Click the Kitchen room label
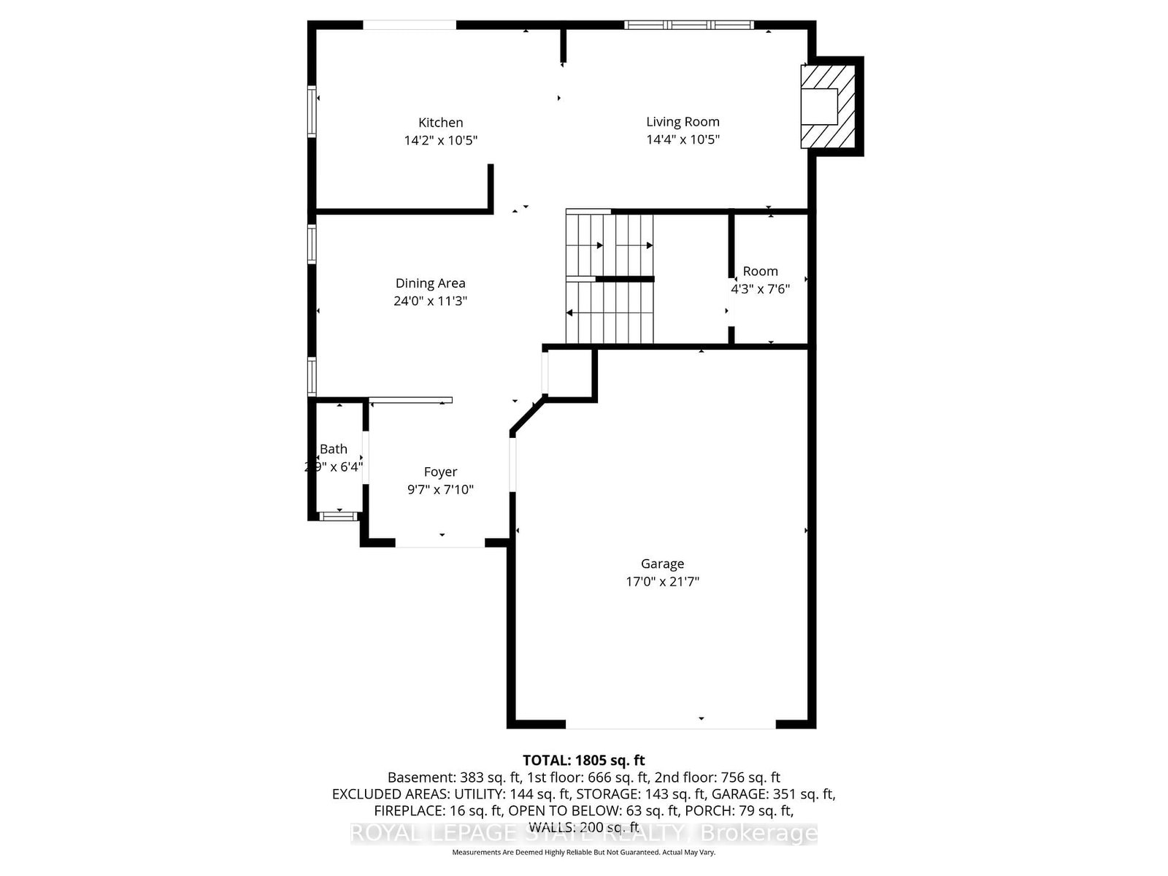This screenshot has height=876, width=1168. click(x=440, y=123)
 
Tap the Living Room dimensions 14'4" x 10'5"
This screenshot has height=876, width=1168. click(x=683, y=139)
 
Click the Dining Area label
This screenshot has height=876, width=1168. click(x=430, y=283)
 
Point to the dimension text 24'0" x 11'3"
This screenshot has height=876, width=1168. click(x=430, y=301)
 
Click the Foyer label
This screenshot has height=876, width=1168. click(x=440, y=472)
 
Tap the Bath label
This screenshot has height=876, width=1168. click(x=334, y=449)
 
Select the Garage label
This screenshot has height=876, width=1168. click(x=662, y=564)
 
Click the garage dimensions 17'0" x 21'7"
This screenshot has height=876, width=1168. click(x=662, y=582)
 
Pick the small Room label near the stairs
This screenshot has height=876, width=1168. click(x=760, y=271)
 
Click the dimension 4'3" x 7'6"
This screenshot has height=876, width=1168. click(x=760, y=288)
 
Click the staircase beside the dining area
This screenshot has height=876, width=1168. click(x=610, y=277)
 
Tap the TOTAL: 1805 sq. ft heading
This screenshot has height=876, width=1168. click(x=583, y=760)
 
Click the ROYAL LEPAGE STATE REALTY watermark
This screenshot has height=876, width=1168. click(x=583, y=833)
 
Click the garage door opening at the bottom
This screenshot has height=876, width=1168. click(x=670, y=727)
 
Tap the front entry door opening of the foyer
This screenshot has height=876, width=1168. click(x=440, y=545)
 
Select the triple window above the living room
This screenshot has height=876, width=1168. click(x=688, y=25)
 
